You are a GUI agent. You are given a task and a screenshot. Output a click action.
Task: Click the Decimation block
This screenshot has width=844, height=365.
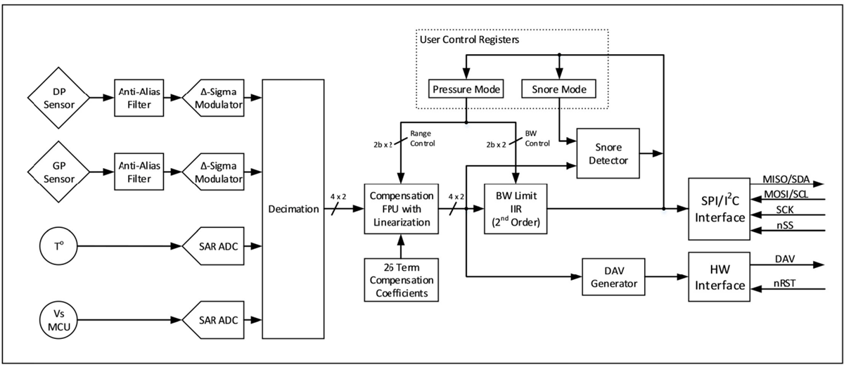[293, 209]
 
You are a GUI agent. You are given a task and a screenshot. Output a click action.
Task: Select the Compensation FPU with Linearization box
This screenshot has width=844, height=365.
[399, 209]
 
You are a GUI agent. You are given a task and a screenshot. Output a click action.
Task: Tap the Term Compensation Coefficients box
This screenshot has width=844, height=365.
[399, 280]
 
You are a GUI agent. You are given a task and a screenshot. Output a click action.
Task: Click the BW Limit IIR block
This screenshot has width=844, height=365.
[516, 209]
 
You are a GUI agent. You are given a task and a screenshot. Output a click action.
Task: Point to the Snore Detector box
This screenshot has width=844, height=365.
[607, 153]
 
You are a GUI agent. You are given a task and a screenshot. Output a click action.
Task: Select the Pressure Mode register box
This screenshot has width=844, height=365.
[466, 89]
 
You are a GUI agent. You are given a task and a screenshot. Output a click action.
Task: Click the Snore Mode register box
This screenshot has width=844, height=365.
[559, 89]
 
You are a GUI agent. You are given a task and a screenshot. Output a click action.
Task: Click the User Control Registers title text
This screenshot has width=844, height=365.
[470, 40]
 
